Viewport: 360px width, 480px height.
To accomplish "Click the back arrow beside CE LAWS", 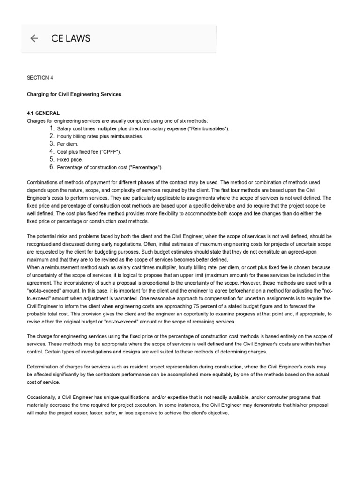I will pos(34,39).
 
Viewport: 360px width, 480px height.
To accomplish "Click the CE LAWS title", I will pos(70,39).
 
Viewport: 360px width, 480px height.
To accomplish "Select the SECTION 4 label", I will pos(40,78).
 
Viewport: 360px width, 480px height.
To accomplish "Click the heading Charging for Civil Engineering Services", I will pos(74,94).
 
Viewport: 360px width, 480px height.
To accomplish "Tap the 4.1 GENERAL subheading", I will pos(43,113).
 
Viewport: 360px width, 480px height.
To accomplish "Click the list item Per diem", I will pos(68,144).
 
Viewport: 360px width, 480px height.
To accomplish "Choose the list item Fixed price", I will pos(70,160).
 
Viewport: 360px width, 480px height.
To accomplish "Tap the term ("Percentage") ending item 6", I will pos(147,167).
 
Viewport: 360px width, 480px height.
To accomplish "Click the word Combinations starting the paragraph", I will pos(43,182).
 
